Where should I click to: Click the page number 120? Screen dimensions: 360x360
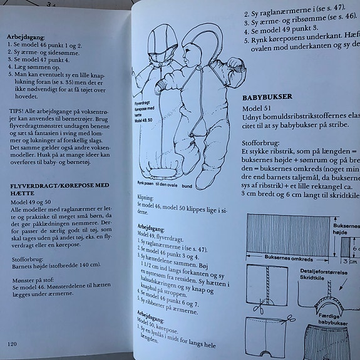pyautogui.click(x=12, y=343)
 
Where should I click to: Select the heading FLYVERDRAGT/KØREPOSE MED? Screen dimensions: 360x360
pyautogui.click(x=59, y=187)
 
